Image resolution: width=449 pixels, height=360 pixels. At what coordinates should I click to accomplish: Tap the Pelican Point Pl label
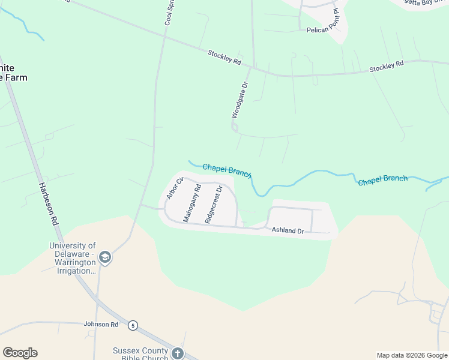click(x=324, y=29)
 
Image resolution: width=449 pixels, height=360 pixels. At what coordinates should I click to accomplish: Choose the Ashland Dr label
click(x=288, y=230)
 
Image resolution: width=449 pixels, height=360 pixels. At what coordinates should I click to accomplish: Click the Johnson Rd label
click(x=101, y=324)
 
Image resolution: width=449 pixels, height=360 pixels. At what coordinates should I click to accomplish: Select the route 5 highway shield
click(x=133, y=325)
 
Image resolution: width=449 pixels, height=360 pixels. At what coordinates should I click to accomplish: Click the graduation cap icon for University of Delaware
click(x=104, y=258)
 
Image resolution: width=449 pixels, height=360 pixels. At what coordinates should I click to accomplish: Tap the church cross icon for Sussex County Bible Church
click(x=177, y=353)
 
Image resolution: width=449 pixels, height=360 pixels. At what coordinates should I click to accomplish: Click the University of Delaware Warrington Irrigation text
click(x=72, y=258)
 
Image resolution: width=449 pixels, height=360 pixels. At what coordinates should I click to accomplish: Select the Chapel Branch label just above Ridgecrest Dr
click(x=226, y=170)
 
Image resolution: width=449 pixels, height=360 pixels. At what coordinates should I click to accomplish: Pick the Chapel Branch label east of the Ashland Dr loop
click(x=382, y=180)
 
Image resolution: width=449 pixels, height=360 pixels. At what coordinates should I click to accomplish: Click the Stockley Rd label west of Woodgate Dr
click(x=224, y=58)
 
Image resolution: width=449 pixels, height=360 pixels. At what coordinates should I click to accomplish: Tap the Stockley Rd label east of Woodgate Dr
click(x=386, y=67)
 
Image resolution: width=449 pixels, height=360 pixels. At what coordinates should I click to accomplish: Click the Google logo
click(x=20, y=353)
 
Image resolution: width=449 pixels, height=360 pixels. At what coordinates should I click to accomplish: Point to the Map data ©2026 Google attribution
click(x=412, y=355)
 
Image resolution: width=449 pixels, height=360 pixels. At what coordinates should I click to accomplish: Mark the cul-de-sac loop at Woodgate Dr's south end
click(x=235, y=127)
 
